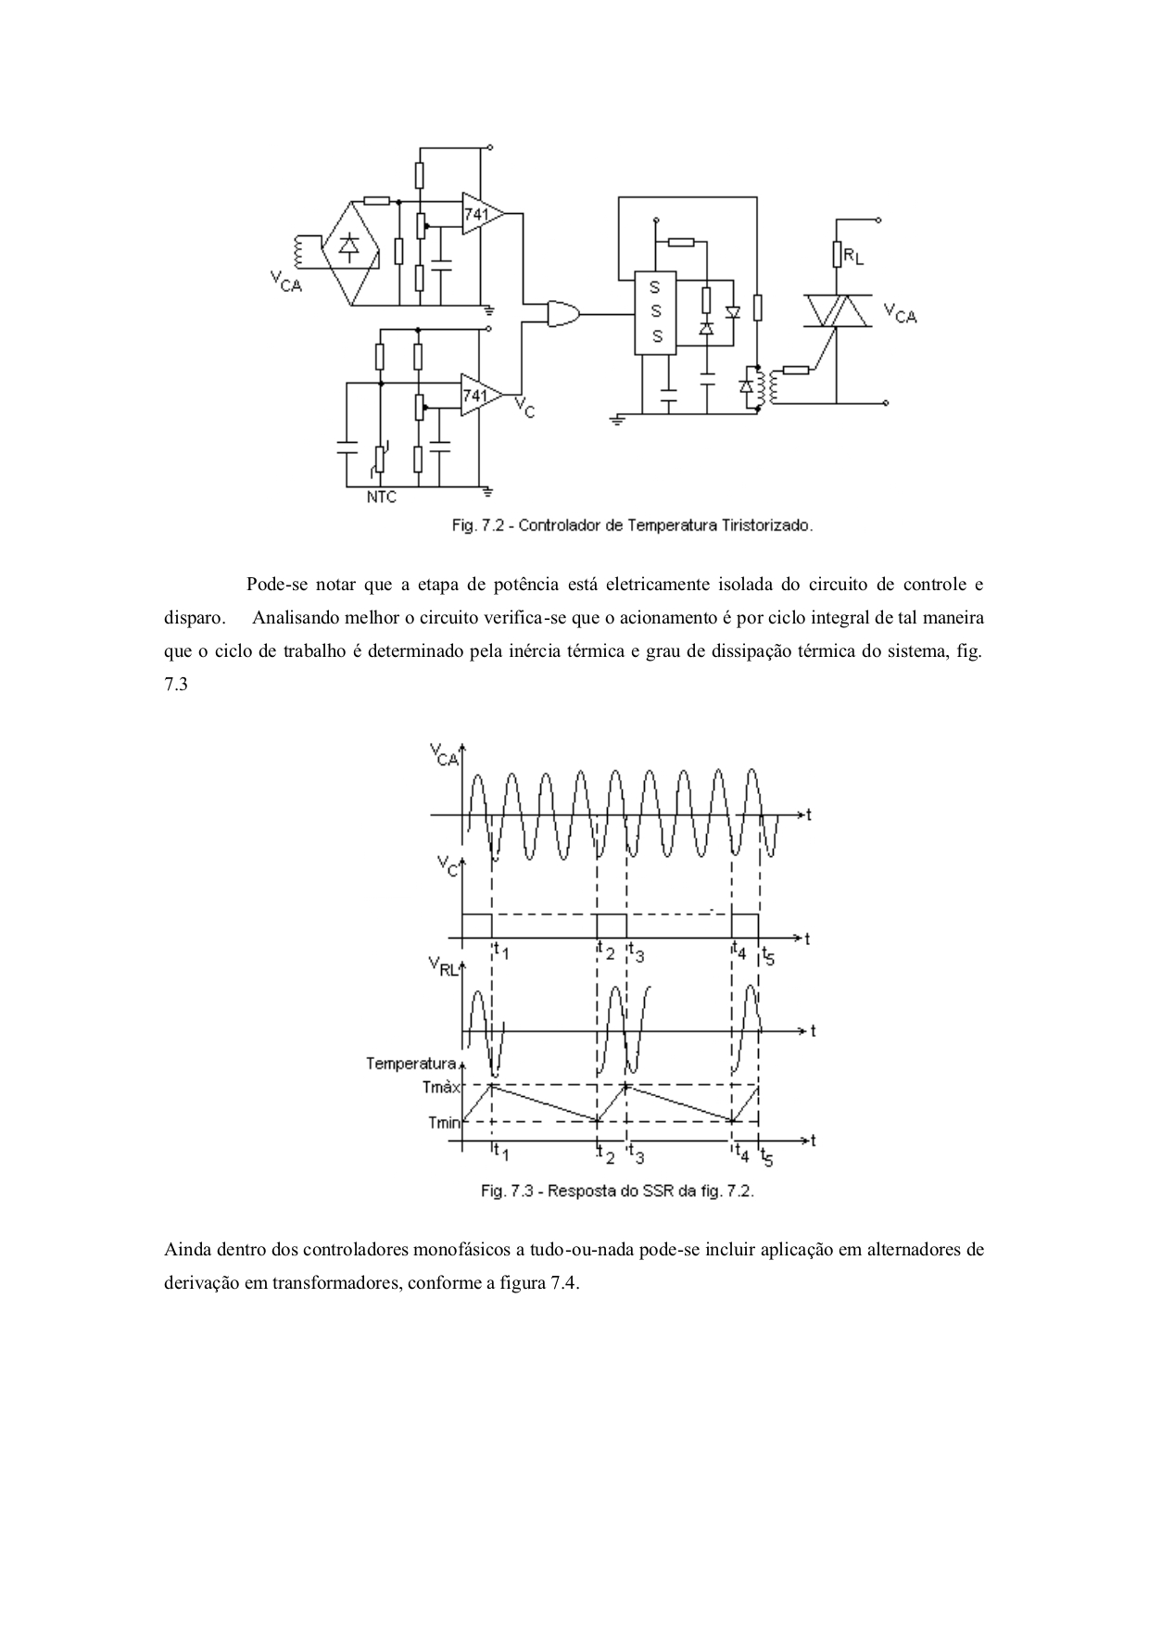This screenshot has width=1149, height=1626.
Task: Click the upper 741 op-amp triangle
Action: point(481,213)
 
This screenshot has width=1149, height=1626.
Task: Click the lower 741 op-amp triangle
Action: point(481,395)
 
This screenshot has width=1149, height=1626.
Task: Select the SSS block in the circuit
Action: point(656,313)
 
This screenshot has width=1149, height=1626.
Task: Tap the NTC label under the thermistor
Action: point(381,498)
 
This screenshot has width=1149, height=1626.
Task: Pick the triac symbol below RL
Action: point(837,311)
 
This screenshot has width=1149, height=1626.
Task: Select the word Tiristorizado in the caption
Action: point(766,525)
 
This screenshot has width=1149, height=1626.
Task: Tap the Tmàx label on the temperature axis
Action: point(442,1086)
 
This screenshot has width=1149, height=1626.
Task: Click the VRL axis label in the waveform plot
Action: point(443,969)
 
